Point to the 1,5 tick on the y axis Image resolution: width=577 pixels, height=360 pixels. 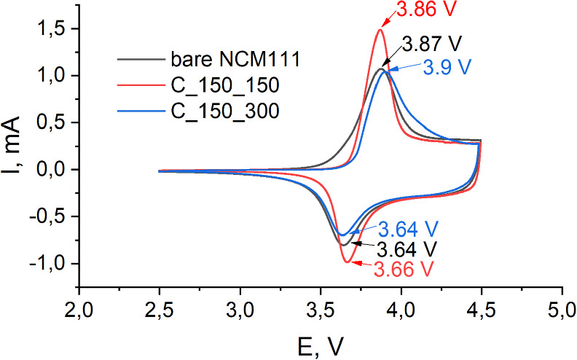click(51, 28)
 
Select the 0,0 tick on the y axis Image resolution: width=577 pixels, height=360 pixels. click(51, 169)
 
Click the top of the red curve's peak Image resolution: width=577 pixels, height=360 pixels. click(380, 29)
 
